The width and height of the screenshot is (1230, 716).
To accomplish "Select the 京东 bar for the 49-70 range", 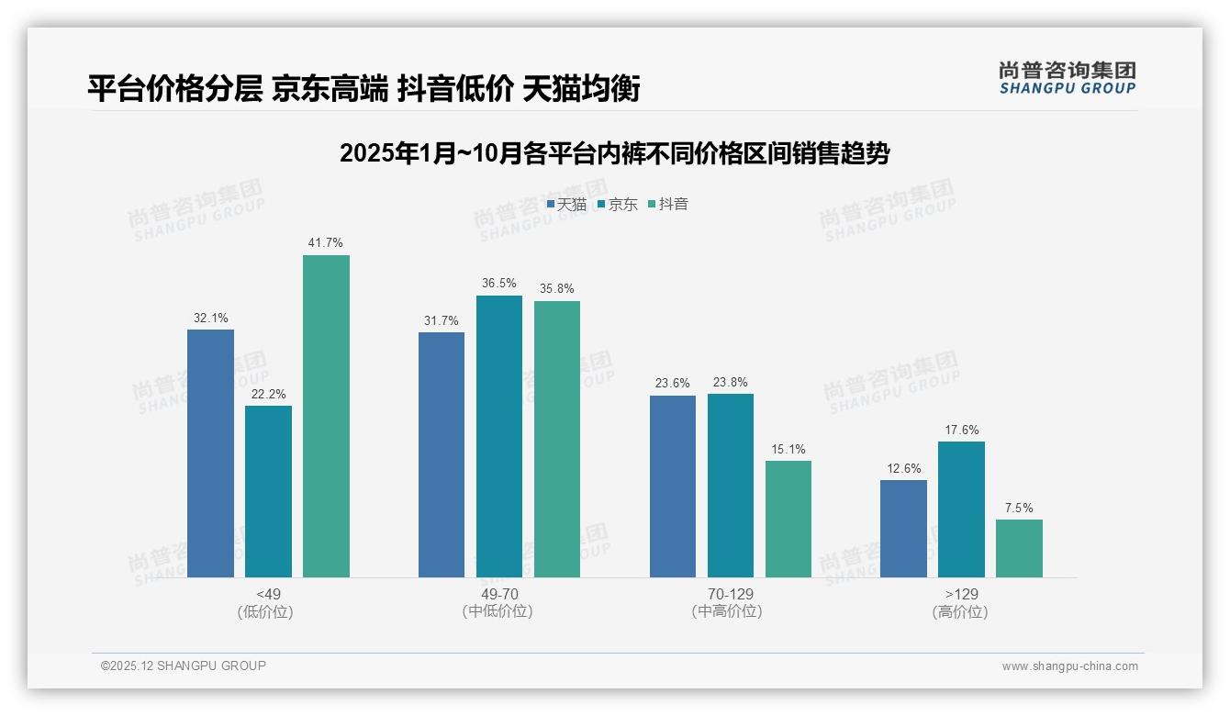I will [x=498, y=436].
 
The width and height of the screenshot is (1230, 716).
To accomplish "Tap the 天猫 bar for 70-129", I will [x=672, y=486].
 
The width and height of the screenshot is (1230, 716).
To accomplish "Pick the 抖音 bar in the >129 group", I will [x=1019, y=548].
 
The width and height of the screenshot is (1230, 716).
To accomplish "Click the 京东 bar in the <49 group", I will [x=268, y=491].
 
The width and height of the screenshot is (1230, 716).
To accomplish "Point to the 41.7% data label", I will [x=326, y=243].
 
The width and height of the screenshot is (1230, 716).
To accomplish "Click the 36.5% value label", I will [x=498, y=284].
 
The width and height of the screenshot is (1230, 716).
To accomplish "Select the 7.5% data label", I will [x=1019, y=508].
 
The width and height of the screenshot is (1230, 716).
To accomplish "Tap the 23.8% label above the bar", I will [x=730, y=383].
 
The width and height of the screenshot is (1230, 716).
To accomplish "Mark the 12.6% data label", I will [x=903, y=469].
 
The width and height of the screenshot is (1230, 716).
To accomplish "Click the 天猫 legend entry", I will [x=566, y=205].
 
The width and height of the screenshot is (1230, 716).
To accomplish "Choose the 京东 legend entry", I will [x=617, y=205].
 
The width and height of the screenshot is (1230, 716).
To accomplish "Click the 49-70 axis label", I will [x=498, y=594].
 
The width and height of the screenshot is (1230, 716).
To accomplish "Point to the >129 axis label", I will [x=961, y=594].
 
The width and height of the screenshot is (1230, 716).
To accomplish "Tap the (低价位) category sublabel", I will [x=266, y=611].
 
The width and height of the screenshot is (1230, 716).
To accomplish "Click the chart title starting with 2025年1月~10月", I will [x=614, y=153].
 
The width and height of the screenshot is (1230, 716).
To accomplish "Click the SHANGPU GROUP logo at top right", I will [x=1067, y=78].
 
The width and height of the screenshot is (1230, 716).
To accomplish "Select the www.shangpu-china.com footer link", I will [x=1069, y=666].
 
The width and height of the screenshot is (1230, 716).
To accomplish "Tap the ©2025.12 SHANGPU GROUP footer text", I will [x=184, y=666].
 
